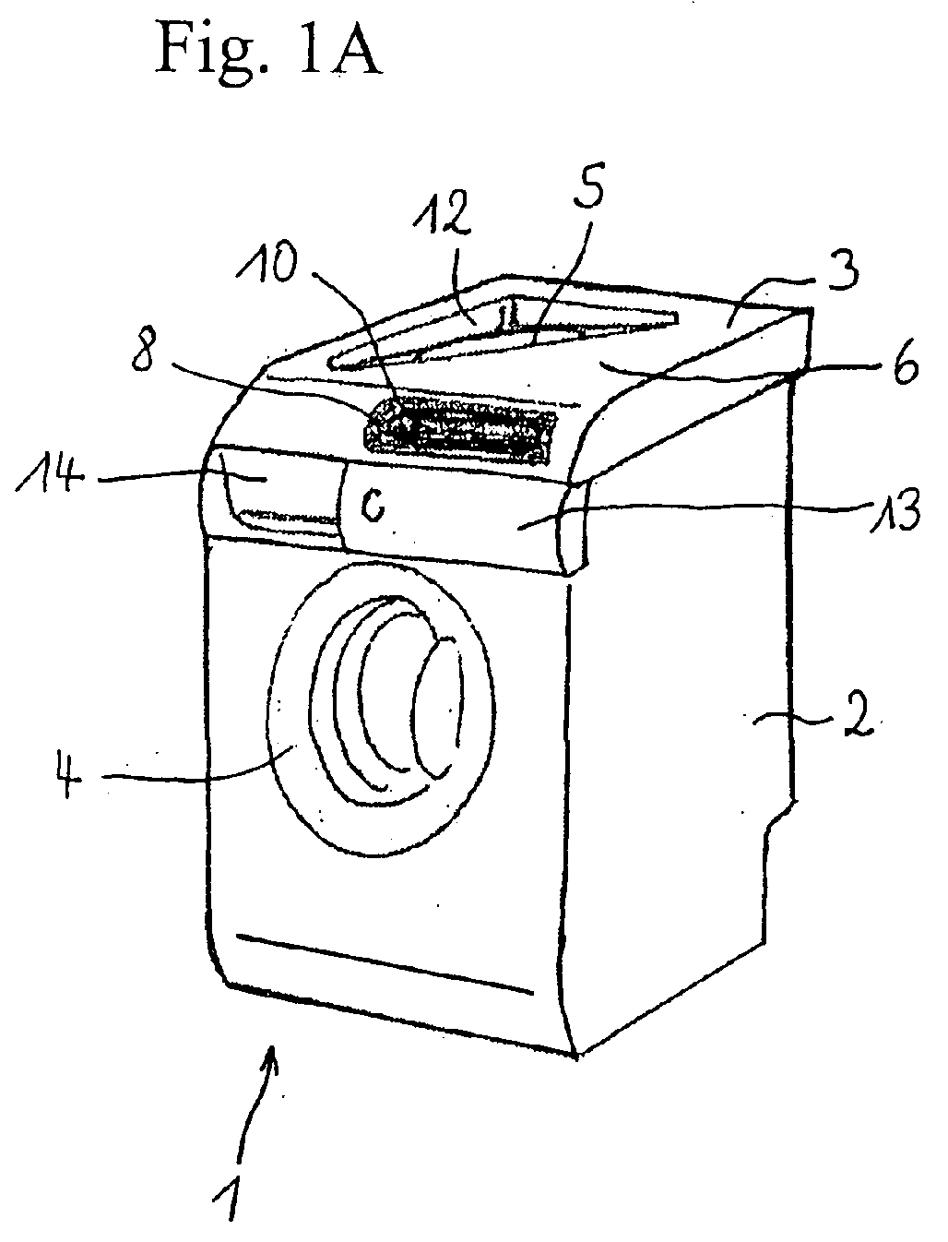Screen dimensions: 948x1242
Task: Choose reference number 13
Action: (x=894, y=509)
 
